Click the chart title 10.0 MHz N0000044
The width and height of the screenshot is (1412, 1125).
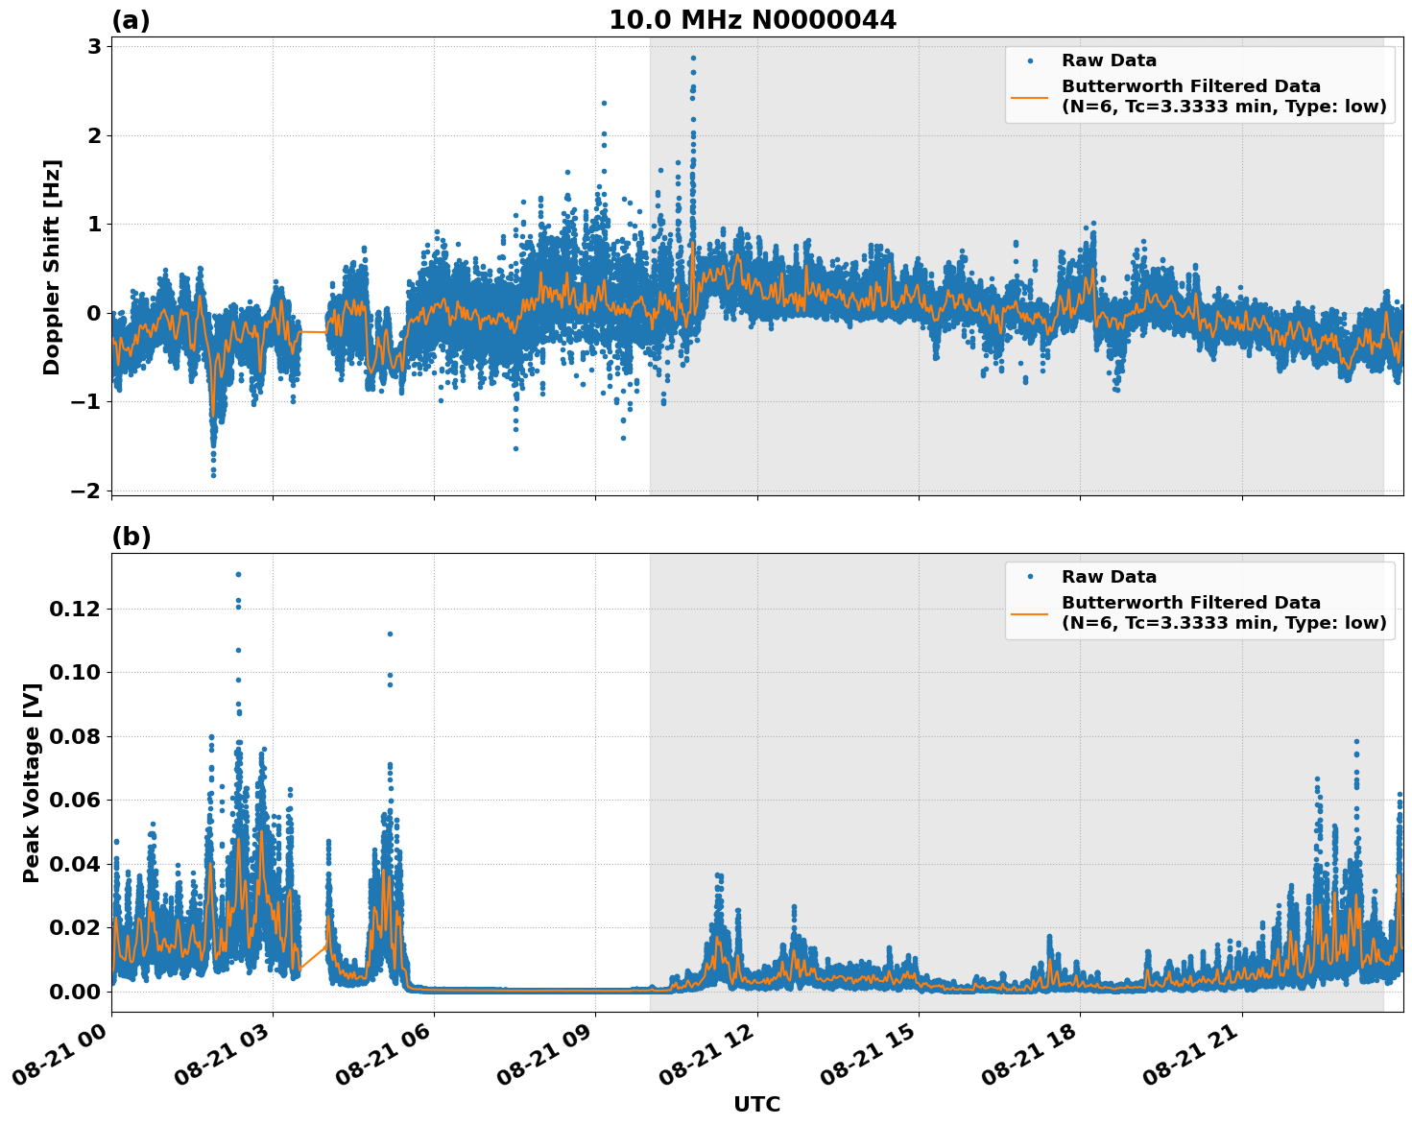click(x=753, y=20)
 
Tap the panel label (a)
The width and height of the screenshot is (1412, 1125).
click(x=131, y=20)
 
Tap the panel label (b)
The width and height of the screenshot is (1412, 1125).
click(x=131, y=537)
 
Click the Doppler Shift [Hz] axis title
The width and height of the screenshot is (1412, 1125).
click(x=52, y=267)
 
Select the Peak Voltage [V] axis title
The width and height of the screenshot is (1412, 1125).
click(x=32, y=782)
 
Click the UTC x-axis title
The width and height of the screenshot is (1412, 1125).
click(x=756, y=1104)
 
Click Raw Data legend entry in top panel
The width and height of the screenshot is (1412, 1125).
click(x=1109, y=60)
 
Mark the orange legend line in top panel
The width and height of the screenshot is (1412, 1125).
click(x=1030, y=97)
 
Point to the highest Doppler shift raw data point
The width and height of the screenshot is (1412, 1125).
click(x=693, y=58)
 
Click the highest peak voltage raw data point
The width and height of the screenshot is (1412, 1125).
click(x=238, y=574)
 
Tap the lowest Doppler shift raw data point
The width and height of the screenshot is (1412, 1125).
click(x=213, y=475)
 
